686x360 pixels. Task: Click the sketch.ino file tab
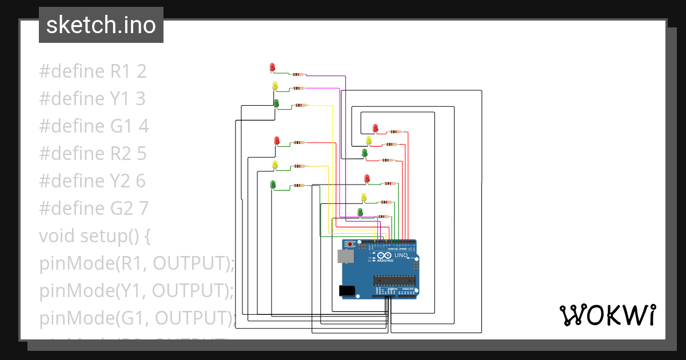(x=101, y=25)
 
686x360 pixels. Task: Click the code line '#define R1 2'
(x=93, y=71)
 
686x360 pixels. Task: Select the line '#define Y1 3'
(x=92, y=99)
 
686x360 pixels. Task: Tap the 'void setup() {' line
(x=94, y=235)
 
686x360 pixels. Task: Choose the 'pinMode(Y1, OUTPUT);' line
(x=137, y=291)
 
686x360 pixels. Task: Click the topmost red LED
(x=272, y=67)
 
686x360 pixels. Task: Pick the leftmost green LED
(x=273, y=184)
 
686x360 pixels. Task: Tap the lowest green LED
(x=360, y=213)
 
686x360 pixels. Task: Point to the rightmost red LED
(x=376, y=127)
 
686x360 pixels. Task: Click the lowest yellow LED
(x=364, y=198)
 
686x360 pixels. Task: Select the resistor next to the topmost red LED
(x=298, y=74)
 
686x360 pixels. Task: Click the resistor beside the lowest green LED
(x=383, y=217)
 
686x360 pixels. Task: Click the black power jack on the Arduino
(x=347, y=291)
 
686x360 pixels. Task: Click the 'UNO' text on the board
(x=402, y=255)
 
